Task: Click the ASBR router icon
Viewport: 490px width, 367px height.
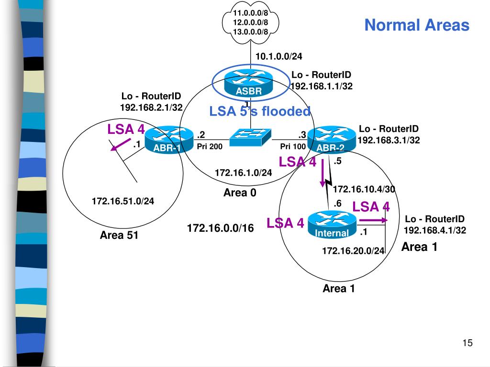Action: coord(249,83)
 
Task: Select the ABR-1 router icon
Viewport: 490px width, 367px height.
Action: coord(169,140)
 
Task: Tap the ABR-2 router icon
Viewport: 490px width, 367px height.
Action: coord(332,140)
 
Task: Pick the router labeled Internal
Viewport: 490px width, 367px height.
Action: coord(332,225)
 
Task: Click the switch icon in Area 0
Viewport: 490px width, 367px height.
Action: coord(250,137)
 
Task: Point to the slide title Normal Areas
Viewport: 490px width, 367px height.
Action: coord(417,25)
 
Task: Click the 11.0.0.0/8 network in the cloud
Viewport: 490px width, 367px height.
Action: coord(251,13)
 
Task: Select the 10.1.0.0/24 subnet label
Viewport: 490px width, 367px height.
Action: coord(279,56)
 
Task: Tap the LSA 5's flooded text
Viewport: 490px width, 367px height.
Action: coord(260,111)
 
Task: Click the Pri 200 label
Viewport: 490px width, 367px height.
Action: coord(210,146)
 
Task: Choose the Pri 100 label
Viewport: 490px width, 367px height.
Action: coord(293,146)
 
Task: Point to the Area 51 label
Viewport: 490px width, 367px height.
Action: coord(119,235)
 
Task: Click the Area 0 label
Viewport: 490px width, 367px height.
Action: coord(240,193)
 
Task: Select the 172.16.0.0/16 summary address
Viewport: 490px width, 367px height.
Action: coord(220,228)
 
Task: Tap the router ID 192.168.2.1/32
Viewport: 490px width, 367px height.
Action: coord(151,108)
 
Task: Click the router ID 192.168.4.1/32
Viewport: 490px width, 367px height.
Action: coord(435,230)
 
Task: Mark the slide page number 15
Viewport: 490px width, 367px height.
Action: coord(468,343)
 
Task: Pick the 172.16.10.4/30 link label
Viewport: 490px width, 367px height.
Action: coord(364,189)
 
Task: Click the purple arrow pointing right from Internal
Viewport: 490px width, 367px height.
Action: coord(373,220)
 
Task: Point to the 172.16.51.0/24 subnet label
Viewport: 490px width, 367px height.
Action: coord(123,201)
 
